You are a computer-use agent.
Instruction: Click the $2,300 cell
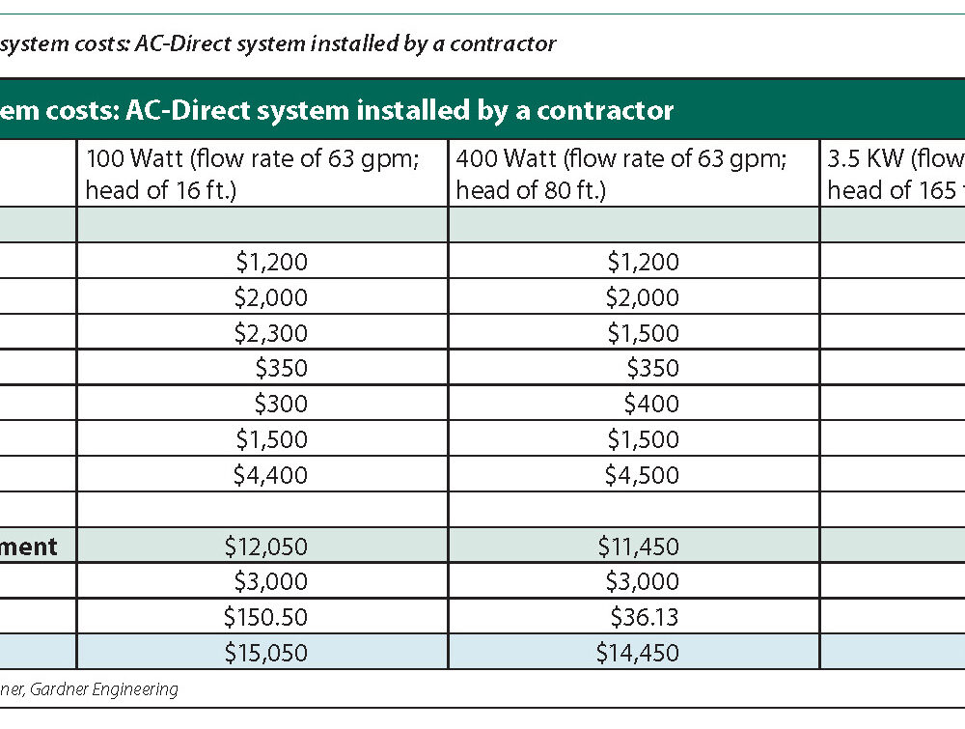(270, 333)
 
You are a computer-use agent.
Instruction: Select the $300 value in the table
(281, 404)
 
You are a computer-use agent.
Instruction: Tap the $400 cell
(651, 404)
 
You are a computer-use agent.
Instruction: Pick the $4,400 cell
(270, 475)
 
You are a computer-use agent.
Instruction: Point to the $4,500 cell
(642, 475)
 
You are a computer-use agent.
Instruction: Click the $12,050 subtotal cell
(266, 547)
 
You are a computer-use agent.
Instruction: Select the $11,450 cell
(638, 547)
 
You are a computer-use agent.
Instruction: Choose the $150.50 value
(265, 617)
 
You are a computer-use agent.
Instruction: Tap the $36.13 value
(645, 617)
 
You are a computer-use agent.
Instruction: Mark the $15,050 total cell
(266, 654)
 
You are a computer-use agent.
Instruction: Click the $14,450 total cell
(638, 654)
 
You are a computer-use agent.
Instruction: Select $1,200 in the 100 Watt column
(270, 262)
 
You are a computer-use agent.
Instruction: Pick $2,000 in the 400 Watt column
(642, 297)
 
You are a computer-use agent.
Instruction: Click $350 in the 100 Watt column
(281, 368)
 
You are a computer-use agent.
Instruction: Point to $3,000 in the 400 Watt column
(642, 581)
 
